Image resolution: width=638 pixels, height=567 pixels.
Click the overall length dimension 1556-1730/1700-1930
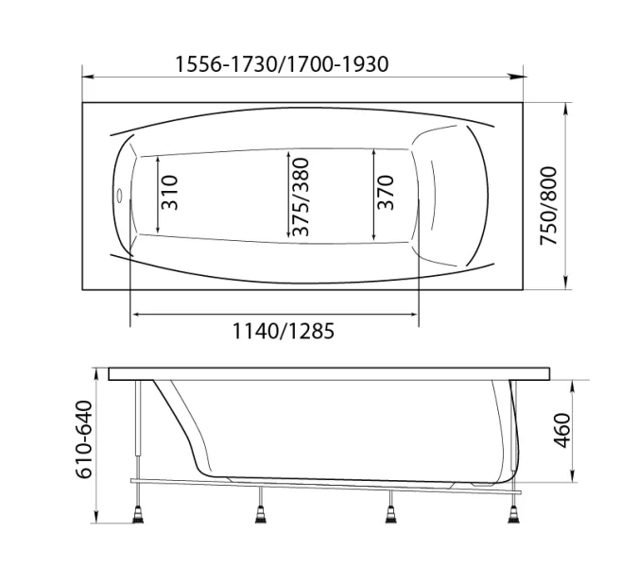pyautogui.click(x=282, y=64)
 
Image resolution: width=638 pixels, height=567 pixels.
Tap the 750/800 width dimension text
pyautogui.click(x=548, y=206)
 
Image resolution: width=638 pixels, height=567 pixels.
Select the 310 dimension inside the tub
pyautogui.click(x=170, y=193)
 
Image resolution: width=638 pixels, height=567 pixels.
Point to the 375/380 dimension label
pyautogui.click(x=301, y=197)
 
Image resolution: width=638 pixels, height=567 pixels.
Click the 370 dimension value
pyautogui.click(x=386, y=193)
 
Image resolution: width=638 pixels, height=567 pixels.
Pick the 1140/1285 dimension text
pyautogui.click(x=284, y=331)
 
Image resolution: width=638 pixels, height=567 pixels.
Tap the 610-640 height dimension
pyautogui.click(x=84, y=439)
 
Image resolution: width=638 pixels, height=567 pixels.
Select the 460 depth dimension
pyautogui.click(x=562, y=430)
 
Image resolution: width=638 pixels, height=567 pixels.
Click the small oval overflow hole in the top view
pyautogui.click(x=119, y=196)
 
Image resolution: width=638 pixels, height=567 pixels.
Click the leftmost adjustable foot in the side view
pyautogui.click(x=138, y=514)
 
